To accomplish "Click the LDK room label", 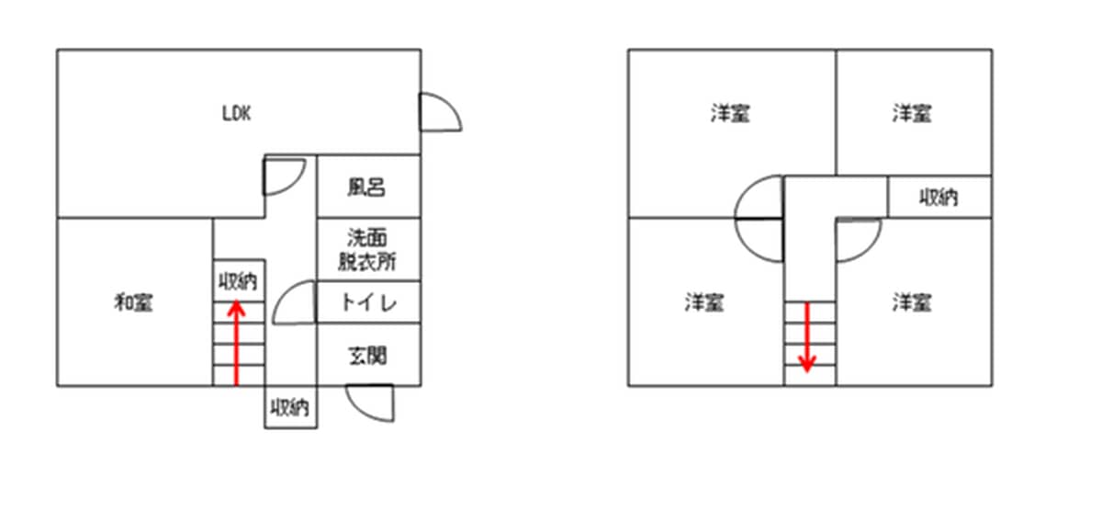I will (x=236, y=114).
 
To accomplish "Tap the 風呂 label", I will (x=365, y=187).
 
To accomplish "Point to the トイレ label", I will (x=367, y=302).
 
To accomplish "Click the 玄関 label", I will (x=367, y=354).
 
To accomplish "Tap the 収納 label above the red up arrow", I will (x=238, y=280).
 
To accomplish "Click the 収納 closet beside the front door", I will (x=290, y=407).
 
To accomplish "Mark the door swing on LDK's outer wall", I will (x=438, y=112).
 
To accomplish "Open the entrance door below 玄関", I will (x=372, y=403).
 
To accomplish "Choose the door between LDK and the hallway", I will (x=283, y=176).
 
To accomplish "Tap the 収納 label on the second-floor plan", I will (x=939, y=197).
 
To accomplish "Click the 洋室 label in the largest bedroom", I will (x=729, y=114).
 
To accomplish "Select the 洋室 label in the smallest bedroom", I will (x=912, y=114).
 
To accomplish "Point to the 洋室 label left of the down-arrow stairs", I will (x=703, y=301).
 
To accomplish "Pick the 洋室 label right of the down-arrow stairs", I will (x=912, y=301).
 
